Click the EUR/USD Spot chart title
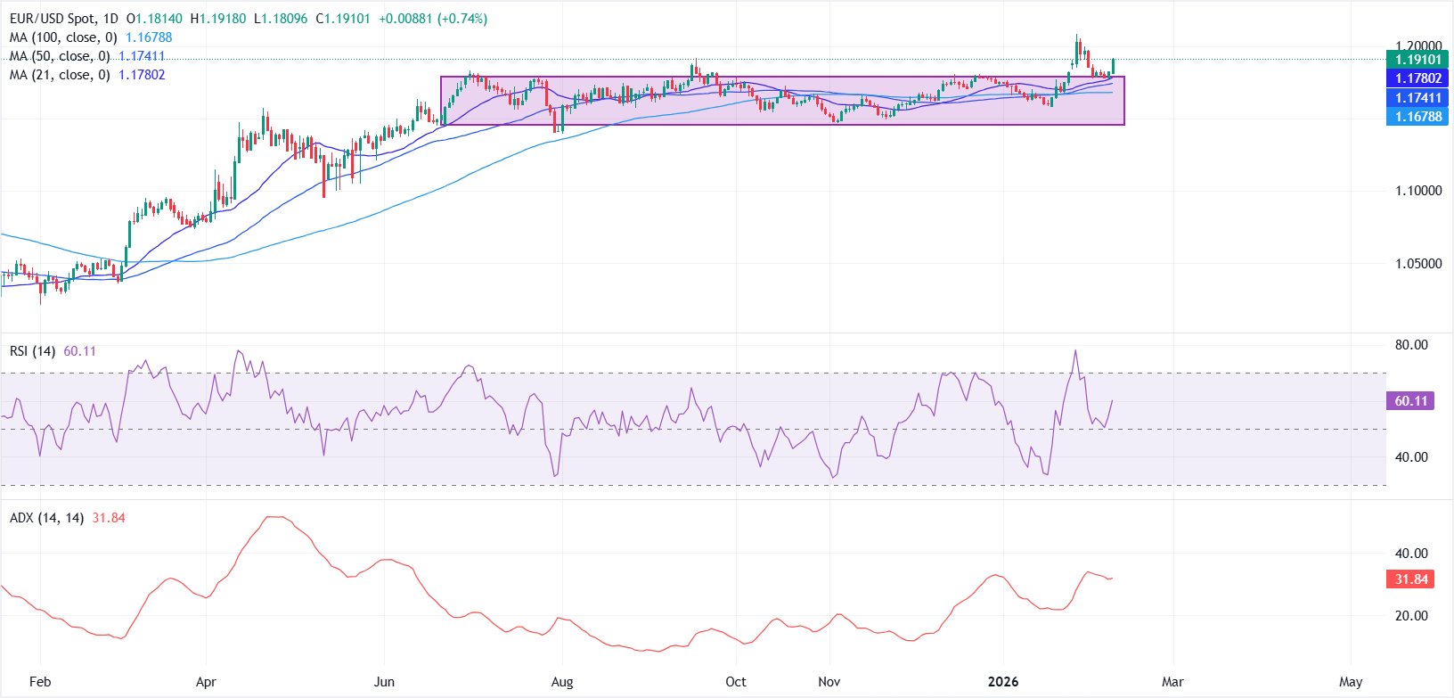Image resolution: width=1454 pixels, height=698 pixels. (x=63, y=19)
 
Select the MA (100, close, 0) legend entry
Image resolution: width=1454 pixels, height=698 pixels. (x=63, y=37)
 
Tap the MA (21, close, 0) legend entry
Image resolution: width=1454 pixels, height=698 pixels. (x=60, y=75)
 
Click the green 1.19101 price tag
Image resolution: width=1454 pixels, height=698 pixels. (x=1417, y=60)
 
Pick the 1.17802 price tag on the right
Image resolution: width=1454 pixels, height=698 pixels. (x=1417, y=78)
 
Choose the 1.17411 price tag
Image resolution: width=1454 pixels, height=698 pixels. (x=1417, y=98)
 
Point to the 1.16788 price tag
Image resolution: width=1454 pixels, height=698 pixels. (x=1417, y=117)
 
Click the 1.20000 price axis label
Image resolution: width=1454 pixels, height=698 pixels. (x=1417, y=46)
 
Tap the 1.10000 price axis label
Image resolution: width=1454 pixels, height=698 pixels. (x=1417, y=191)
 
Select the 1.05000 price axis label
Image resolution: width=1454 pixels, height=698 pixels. (x=1417, y=264)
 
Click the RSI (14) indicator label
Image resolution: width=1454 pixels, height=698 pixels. (x=32, y=351)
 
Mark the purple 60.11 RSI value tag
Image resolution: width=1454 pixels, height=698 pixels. (x=1410, y=401)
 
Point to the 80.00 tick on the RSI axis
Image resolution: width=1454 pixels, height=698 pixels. (x=1410, y=345)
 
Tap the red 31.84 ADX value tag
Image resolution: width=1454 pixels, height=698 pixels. (x=1410, y=579)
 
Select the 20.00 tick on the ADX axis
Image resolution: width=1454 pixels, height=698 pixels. (x=1410, y=616)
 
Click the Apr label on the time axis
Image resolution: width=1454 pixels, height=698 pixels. (x=206, y=682)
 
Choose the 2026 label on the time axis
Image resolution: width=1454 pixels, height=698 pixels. (x=1003, y=682)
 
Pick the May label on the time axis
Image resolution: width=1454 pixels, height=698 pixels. (x=1351, y=682)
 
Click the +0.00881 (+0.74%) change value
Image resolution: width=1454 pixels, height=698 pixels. (x=433, y=19)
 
